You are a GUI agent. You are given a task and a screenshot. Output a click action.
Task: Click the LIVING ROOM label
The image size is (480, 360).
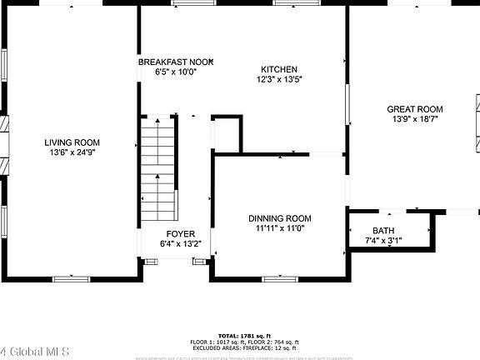tap(72, 142)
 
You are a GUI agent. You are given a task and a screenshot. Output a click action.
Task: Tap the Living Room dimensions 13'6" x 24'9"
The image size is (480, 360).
tap(72, 152)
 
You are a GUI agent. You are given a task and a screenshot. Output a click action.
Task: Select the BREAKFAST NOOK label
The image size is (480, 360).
tap(176, 62)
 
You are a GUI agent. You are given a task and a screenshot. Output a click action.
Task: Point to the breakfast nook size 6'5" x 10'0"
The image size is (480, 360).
tap(175, 72)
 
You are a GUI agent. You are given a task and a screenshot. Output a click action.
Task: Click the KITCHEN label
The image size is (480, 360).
tap(279, 69)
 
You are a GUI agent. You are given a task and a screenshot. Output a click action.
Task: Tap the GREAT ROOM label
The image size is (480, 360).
tap(415, 109)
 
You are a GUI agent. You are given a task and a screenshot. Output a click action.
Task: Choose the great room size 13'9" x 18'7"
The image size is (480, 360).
tap(415, 119)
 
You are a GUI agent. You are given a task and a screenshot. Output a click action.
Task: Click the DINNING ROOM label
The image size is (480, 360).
tap(280, 217)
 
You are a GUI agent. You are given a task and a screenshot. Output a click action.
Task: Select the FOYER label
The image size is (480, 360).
tap(181, 234)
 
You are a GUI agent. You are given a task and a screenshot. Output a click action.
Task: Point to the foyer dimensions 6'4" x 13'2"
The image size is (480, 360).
tap(181, 244)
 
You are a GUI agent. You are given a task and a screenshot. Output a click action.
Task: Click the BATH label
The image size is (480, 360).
tap(384, 231)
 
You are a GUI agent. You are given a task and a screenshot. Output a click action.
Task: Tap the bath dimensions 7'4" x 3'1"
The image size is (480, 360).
tap(384, 241)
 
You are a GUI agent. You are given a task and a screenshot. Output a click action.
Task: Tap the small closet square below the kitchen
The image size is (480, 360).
tap(227, 134)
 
